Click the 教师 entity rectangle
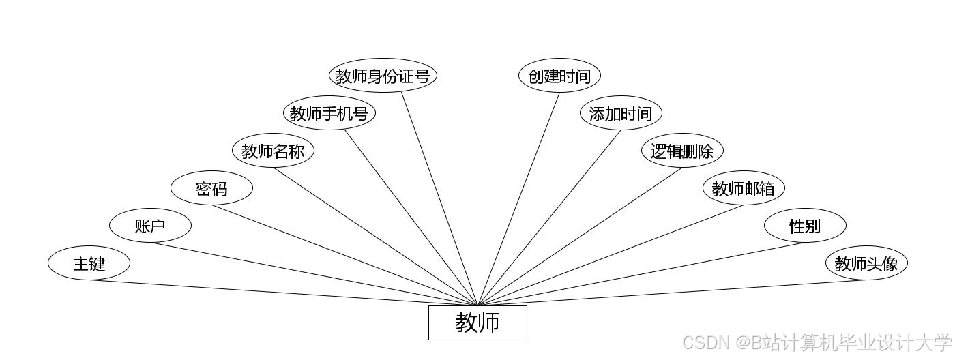pos(477,322)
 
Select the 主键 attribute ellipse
pos(89,263)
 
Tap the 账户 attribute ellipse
pos(150,226)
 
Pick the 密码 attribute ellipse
pos(211,188)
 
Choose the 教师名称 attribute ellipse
pos(273,151)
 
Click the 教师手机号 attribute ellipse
pos(329,113)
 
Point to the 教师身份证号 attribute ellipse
pos(382,76)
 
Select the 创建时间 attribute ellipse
pos(559,76)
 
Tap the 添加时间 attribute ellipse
pos(621,113)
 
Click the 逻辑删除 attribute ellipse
pos(682,151)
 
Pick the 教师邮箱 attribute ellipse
pos(744,188)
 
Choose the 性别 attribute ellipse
pos(805,226)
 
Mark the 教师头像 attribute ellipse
pos(866,263)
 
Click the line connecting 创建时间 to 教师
pos(518,199)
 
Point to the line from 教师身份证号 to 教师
pos(439,199)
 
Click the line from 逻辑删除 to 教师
pos(580,237)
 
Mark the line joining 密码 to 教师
pos(344,255)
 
